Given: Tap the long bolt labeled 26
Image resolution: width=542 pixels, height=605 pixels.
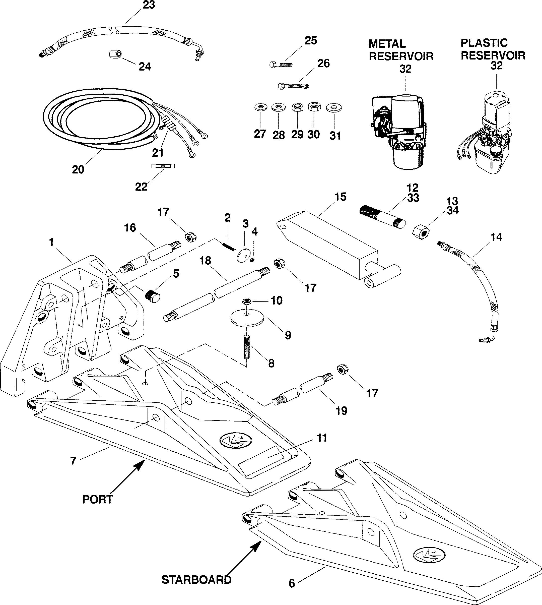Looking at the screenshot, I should point(293,86).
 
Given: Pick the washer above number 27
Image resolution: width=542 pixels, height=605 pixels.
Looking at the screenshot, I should point(260,107).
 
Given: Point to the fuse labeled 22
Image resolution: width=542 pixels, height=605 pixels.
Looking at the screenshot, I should point(163,166).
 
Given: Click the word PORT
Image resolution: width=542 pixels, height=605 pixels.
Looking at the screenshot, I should point(98,499).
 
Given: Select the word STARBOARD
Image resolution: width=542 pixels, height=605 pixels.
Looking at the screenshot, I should point(196,580).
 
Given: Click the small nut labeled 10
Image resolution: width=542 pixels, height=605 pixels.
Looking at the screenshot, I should point(247,302).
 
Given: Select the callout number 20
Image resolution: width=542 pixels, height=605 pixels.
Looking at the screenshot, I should point(78,170).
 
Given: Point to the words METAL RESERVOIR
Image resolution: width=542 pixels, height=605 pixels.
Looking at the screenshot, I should point(400,50).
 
